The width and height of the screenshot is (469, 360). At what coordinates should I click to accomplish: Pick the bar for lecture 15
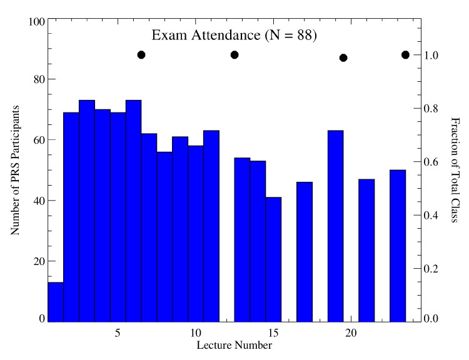pyautogui.click(x=273, y=259)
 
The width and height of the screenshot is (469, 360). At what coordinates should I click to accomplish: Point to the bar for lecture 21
pyautogui.click(x=366, y=250)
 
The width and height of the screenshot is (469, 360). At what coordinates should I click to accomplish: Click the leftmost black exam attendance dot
pyautogui.click(x=141, y=55)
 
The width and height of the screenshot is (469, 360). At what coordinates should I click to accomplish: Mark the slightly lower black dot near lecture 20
pyautogui.click(x=343, y=58)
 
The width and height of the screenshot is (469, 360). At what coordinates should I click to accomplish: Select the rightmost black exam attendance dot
pyautogui.click(x=405, y=55)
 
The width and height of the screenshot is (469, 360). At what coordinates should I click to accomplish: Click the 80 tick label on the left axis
pyautogui.click(x=37, y=79)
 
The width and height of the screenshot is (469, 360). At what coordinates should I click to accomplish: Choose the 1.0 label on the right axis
pyautogui.click(x=432, y=55)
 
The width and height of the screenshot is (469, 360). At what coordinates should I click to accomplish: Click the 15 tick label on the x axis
pyautogui.click(x=273, y=331)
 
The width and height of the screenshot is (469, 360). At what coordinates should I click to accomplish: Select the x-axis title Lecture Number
pyautogui.click(x=234, y=344)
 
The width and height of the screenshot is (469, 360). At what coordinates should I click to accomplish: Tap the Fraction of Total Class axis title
pyautogui.click(x=455, y=169)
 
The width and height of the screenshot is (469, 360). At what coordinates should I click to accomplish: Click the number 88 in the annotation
pyautogui.click(x=301, y=36)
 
